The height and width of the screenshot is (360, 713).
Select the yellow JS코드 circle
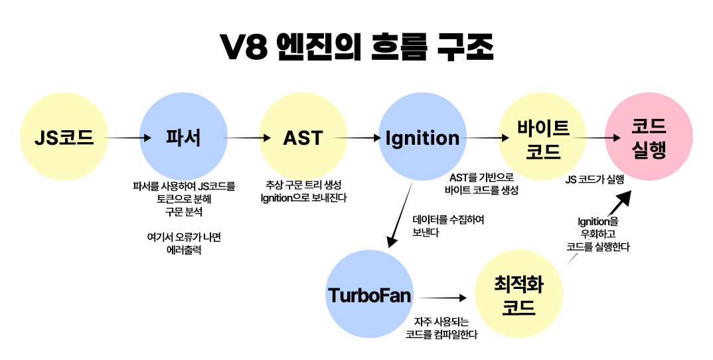pos(64,138)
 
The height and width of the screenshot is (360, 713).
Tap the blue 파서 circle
pos(183,138)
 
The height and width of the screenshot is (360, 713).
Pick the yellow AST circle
pos(303,138)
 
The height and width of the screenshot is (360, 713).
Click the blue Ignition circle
pos(422,138)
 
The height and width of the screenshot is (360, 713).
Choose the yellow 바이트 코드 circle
pos(542,138)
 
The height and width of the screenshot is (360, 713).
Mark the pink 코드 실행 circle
pos(649,138)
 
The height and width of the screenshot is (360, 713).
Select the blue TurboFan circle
pos(370,295)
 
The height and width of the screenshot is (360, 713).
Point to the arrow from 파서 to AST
pos(249,138)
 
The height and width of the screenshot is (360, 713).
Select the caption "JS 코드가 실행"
pos(594,180)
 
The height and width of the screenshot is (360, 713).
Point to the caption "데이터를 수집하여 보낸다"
pos(448,226)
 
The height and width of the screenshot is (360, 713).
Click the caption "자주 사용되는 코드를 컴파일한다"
pos(441,328)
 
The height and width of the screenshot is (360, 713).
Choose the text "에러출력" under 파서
pos(183,251)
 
